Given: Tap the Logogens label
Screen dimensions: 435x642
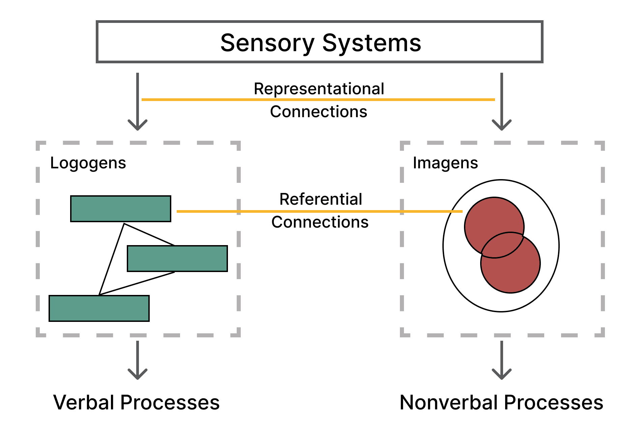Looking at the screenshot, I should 88,163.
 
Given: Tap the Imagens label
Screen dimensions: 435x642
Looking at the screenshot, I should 445,163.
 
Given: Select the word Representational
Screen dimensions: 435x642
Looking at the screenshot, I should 319,89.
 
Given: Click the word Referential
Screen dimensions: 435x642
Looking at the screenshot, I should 321,199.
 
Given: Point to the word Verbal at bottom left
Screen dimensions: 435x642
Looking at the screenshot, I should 84,402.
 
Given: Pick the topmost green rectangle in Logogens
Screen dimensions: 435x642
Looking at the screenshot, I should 121,209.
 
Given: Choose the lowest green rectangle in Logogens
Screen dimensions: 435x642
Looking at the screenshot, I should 99,308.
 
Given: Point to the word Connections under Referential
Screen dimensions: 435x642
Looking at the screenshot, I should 320,222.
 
